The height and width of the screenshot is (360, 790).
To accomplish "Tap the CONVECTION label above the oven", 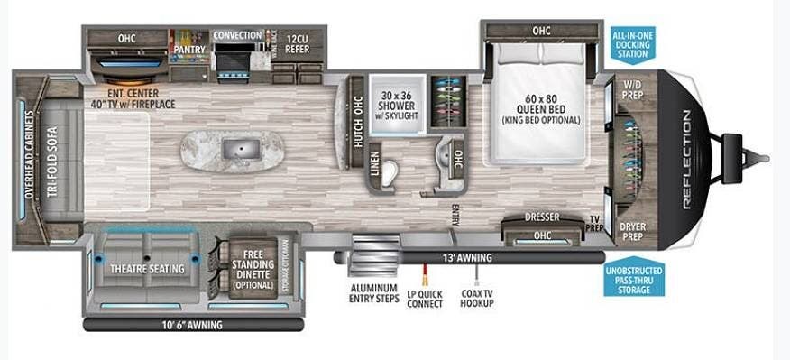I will (237, 36).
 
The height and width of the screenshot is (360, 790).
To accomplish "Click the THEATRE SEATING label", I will (147, 269).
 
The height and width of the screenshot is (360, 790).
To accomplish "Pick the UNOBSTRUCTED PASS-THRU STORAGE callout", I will (635, 282).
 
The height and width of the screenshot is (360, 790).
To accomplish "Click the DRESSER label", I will (542, 217).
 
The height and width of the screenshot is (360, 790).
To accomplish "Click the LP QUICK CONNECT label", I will (425, 299).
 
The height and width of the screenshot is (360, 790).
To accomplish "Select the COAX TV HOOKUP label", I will (476, 299).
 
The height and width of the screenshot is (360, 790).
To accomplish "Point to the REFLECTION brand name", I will (687, 160).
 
